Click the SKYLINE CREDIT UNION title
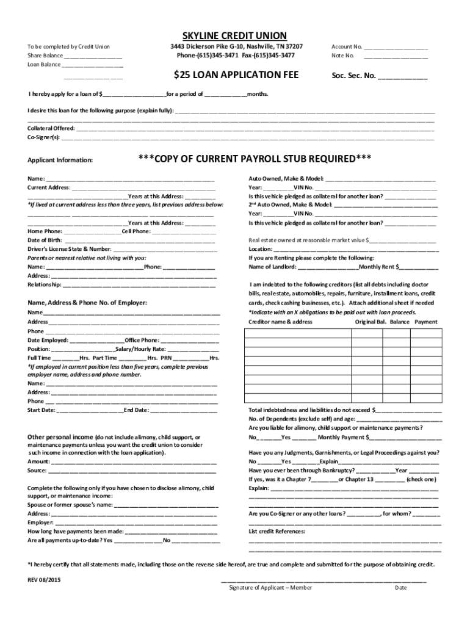click(x=235, y=35)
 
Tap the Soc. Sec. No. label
click(x=353, y=77)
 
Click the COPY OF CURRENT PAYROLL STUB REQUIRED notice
click(x=255, y=159)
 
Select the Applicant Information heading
click(x=60, y=161)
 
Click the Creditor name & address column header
click(x=280, y=322)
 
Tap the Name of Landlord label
click(x=272, y=267)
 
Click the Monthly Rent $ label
click(x=379, y=267)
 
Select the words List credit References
click(x=277, y=532)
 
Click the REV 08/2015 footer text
click(x=44, y=579)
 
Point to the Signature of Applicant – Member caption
click(x=270, y=588)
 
